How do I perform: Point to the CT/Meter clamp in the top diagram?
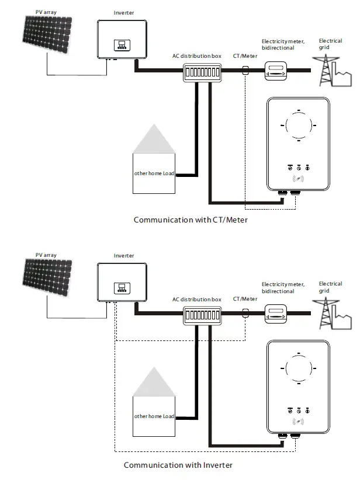coord(245,71)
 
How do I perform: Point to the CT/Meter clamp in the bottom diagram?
coord(245,314)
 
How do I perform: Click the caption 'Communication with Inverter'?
coord(178,465)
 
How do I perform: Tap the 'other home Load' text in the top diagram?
coord(154,174)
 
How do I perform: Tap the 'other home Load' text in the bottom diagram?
coord(154,416)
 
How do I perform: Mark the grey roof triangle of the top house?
coord(155,140)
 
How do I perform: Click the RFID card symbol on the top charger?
coord(299,179)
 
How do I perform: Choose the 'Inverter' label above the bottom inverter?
coord(123,256)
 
